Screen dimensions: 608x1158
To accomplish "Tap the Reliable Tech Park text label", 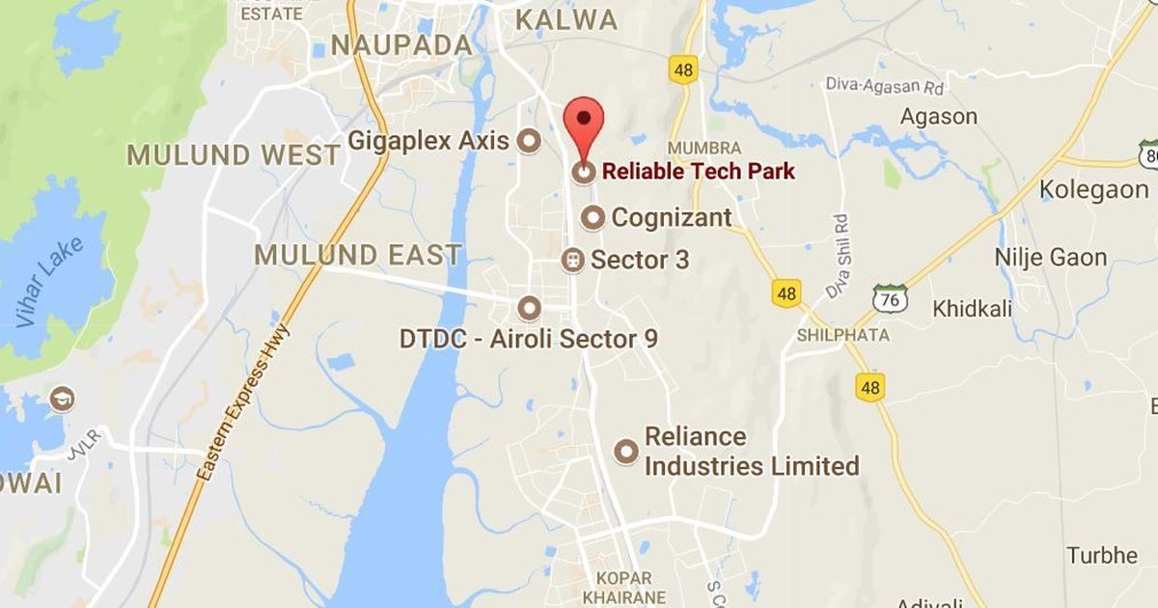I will point(698,172).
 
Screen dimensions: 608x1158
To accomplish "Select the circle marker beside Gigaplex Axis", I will point(529,142).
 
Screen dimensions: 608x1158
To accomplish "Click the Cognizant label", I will point(671,217).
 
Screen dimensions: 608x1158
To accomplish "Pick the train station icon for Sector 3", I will point(573,260).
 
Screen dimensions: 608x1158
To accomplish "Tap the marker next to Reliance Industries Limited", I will point(627,451).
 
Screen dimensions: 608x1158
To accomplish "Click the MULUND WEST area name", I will point(234,154).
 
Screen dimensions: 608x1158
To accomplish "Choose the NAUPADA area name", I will point(401,45).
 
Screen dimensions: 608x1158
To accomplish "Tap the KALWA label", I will point(566,19).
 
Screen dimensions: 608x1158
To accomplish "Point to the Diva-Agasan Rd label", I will point(883,85).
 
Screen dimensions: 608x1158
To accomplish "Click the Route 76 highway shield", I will point(889,299).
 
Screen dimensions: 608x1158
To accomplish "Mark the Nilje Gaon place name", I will point(1050,258).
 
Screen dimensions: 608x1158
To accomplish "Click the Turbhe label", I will point(1102,556).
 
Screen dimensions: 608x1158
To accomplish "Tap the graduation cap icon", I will point(62,398).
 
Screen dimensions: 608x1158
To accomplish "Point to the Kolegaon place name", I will point(1093,189).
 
